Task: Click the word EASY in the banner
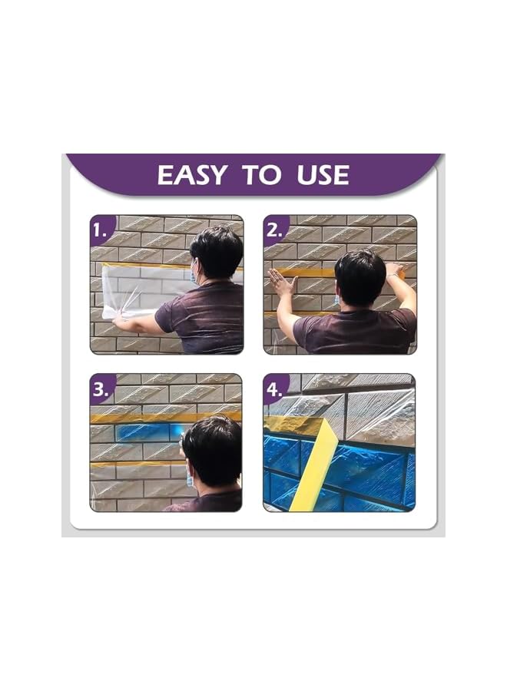pyautogui.click(x=193, y=174)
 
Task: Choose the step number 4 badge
pyautogui.click(x=274, y=389)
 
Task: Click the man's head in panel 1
pyautogui.click(x=216, y=252)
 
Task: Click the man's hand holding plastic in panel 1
pyautogui.click(x=123, y=315)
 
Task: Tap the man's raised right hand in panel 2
pyautogui.click(x=395, y=270)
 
